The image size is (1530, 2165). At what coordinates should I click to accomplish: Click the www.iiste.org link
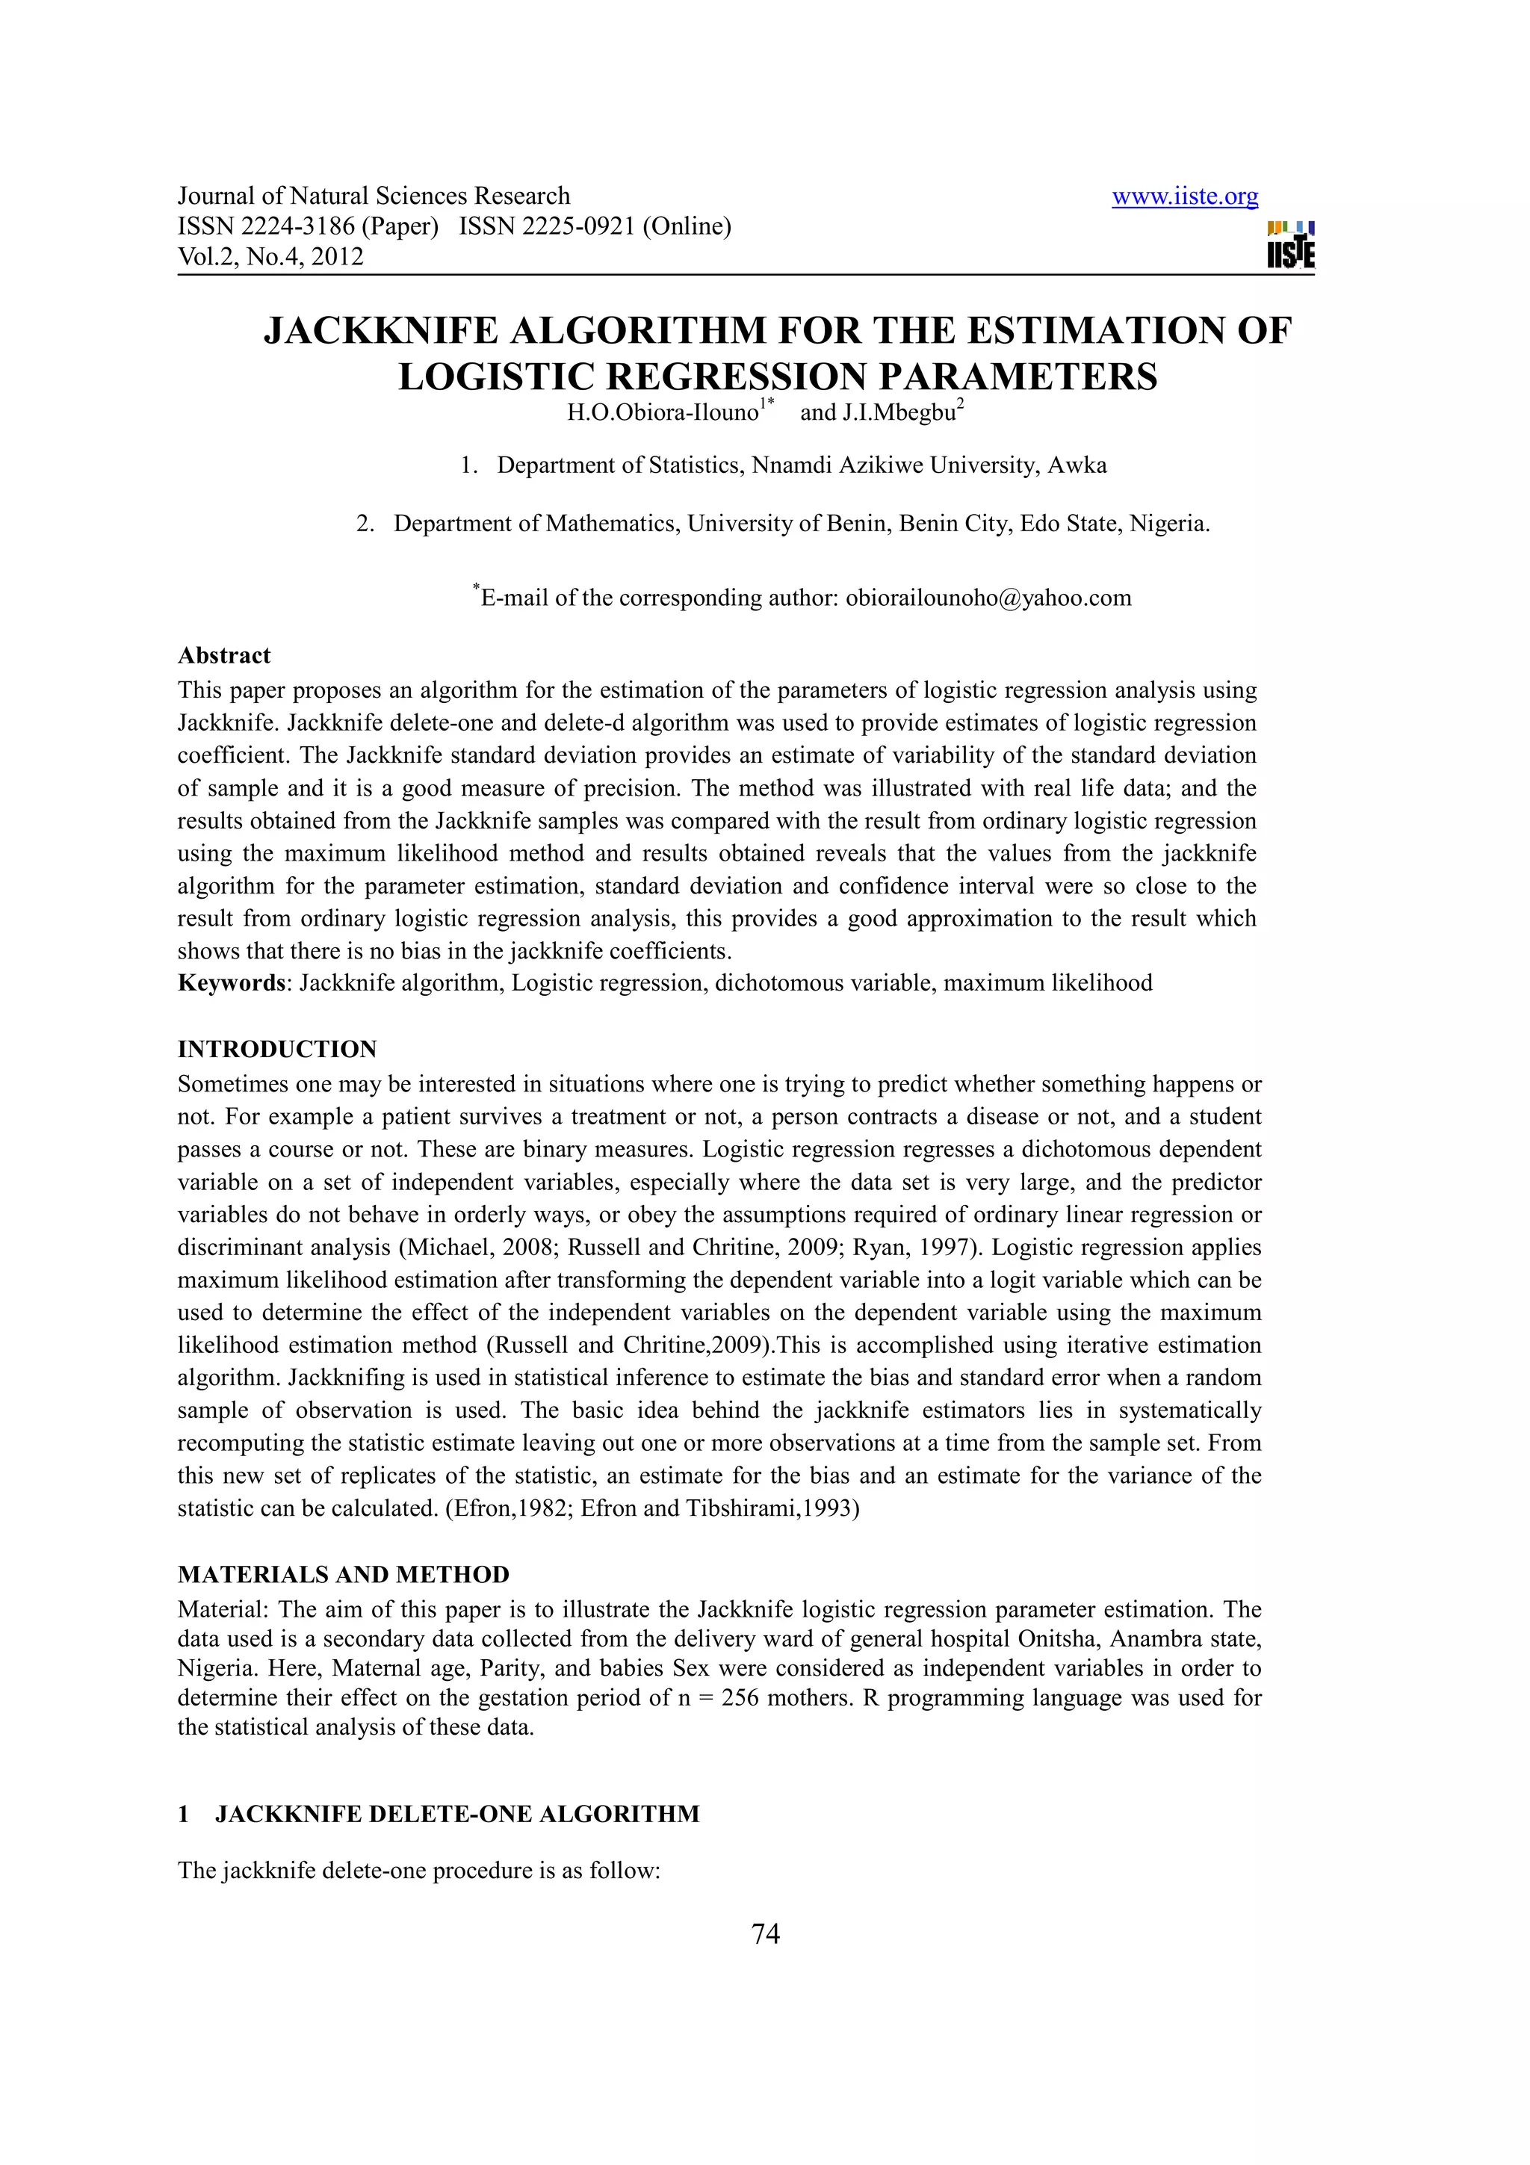[1184, 197]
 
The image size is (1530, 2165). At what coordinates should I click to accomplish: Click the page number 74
[766, 1934]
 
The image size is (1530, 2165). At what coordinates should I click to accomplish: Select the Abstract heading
[223, 655]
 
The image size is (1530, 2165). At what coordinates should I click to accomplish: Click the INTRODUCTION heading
[277, 1050]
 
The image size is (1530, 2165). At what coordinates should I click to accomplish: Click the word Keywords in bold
[231, 983]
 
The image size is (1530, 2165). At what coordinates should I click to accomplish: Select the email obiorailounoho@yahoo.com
[988, 598]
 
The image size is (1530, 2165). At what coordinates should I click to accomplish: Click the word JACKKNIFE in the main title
[381, 331]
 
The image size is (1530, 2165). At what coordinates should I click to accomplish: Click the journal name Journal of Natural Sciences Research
[374, 196]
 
